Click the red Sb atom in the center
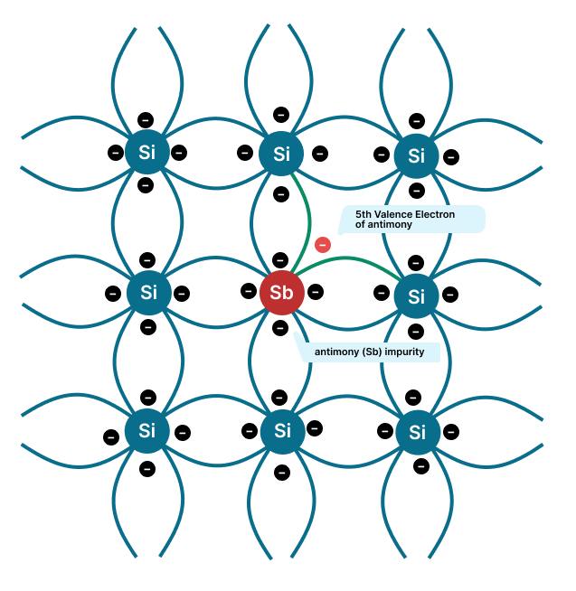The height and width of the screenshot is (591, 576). pyautogui.click(x=281, y=293)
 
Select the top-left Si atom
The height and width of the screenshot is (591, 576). pyautogui.click(x=146, y=152)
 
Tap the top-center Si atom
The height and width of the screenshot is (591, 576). pyautogui.click(x=281, y=154)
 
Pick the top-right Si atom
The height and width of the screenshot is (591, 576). pyautogui.click(x=416, y=155)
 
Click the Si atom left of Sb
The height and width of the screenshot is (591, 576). pyautogui.click(x=148, y=292)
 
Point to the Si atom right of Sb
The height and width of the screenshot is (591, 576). pyautogui.click(x=416, y=295)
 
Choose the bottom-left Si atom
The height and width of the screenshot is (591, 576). pyautogui.click(x=147, y=431)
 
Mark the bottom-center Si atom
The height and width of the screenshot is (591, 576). pyautogui.click(x=282, y=430)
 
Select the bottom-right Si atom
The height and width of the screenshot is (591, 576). pyautogui.click(x=417, y=432)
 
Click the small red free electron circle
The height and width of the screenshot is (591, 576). pyautogui.click(x=323, y=244)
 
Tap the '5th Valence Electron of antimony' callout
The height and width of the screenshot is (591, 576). pyautogui.click(x=411, y=219)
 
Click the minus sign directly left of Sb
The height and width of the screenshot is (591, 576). pyautogui.click(x=249, y=291)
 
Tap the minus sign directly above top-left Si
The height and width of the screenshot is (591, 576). pyautogui.click(x=146, y=119)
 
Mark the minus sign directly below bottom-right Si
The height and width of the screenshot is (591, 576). pyautogui.click(x=421, y=466)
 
